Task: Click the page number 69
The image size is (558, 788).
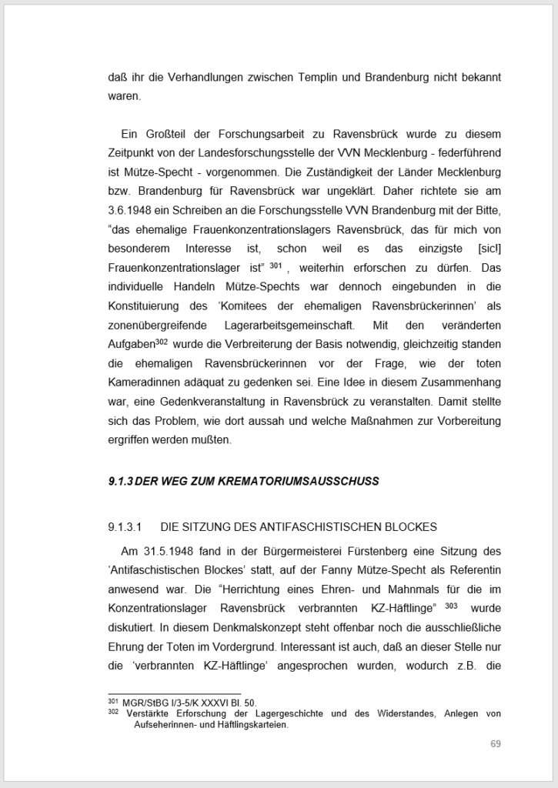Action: point(496,743)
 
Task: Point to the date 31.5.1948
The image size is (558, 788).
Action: point(169,551)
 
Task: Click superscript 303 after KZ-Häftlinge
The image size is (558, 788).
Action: point(451,606)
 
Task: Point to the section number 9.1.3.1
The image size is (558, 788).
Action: point(126,527)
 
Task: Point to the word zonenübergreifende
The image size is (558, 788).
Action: point(157,326)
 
